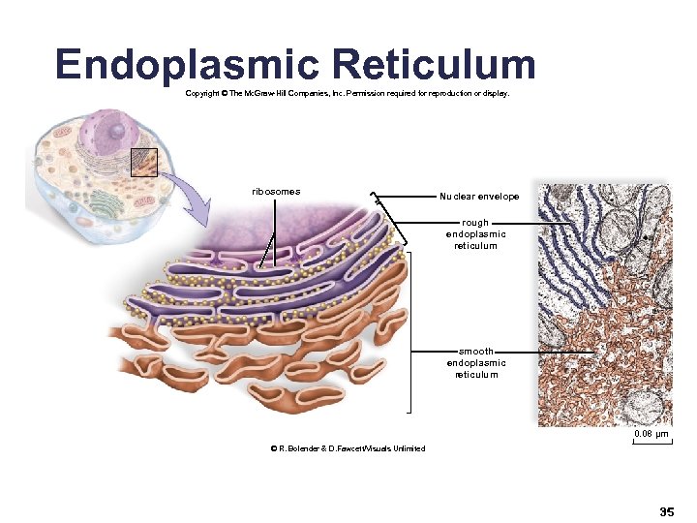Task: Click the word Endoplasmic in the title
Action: tap(187, 65)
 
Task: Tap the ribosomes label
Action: tap(276, 191)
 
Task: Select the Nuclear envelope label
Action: tap(479, 197)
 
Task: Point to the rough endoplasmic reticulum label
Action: tap(475, 233)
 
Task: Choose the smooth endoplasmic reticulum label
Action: tap(476, 362)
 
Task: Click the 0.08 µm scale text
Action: tap(651, 434)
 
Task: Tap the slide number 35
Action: tap(666, 510)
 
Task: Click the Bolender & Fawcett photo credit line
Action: tap(349, 448)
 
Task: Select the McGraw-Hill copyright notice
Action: tap(347, 94)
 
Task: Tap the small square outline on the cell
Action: tap(142, 162)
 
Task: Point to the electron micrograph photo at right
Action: tap(604, 305)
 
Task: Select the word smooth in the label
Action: tap(476, 352)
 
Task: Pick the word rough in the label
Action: tap(475, 223)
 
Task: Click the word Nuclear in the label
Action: tap(456, 197)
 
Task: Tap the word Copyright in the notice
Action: tap(205, 94)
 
